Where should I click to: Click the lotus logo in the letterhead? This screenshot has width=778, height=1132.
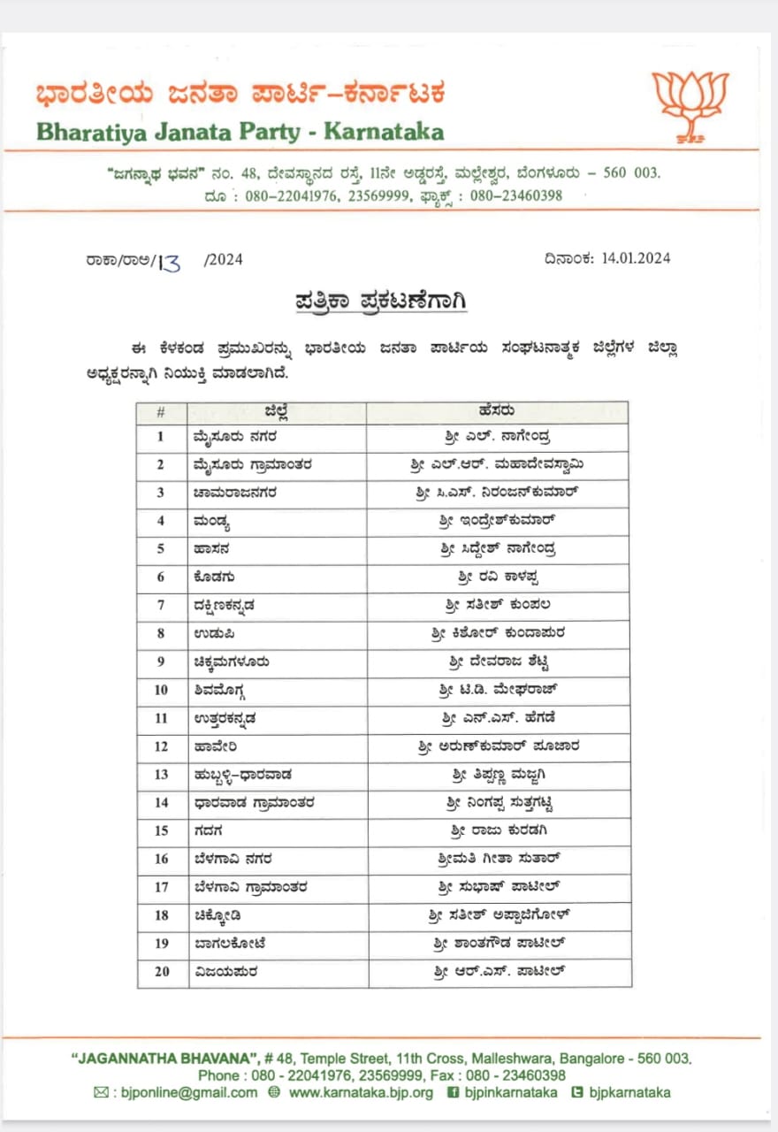(x=690, y=106)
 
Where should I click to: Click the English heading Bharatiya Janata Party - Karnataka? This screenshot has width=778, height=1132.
(x=240, y=132)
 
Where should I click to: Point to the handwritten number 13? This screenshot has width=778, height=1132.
(x=169, y=262)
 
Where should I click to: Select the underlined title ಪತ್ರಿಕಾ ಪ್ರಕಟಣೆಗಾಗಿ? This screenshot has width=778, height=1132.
(x=381, y=302)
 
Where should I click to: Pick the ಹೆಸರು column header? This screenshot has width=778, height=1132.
(x=498, y=411)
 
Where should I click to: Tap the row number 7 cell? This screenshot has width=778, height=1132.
(x=161, y=606)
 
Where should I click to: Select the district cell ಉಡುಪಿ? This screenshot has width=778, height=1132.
(x=212, y=634)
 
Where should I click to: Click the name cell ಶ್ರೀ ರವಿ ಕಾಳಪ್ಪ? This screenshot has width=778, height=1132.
(x=499, y=577)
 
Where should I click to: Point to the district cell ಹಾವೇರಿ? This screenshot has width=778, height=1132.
(x=215, y=746)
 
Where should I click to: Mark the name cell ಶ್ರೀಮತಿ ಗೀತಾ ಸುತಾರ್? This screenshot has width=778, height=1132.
(x=499, y=860)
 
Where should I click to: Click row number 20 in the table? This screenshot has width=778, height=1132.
(x=161, y=972)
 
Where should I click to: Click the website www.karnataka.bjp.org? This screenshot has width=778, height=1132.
(x=361, y=1092)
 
